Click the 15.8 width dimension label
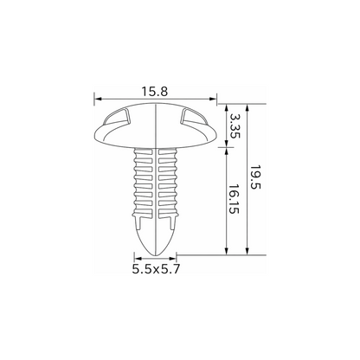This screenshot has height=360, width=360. coord(154,92)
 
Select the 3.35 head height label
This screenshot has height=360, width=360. coord(235,125)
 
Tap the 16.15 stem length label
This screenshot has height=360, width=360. coord(234,199)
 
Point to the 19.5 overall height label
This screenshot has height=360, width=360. coord(255,177)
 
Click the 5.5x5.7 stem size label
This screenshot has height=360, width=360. coord(156,269)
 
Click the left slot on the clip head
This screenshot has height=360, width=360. coord(116,117)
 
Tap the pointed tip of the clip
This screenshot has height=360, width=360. coord(156,255)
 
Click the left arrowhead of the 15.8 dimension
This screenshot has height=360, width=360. coord(98,99)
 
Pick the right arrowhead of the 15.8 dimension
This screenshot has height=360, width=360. coord(213,99)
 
